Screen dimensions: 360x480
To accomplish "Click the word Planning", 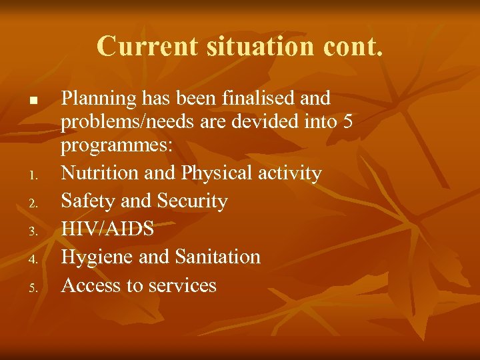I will [99, 99].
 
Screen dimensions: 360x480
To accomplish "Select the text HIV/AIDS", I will [107, 229].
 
